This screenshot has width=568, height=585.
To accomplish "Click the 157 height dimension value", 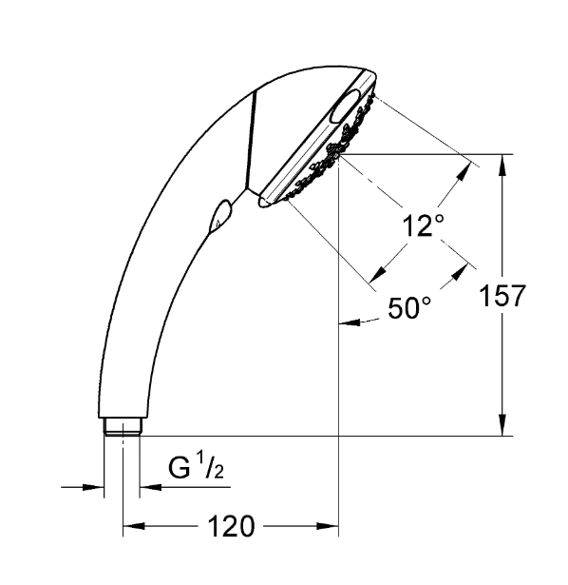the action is point(502,296).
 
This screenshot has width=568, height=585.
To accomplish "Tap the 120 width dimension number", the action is point(231,526).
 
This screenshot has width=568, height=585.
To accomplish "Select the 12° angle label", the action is point(424,225).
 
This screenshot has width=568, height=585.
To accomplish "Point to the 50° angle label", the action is point(409,308).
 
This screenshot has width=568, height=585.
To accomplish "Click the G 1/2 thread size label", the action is point(196,467).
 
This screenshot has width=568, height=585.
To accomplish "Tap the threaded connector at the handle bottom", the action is point(123,427).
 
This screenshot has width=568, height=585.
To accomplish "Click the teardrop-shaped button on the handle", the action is point(220,216).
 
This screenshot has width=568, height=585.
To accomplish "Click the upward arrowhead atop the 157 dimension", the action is point(502,165).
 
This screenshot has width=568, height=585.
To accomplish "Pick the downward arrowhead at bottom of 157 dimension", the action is point(502,426).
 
